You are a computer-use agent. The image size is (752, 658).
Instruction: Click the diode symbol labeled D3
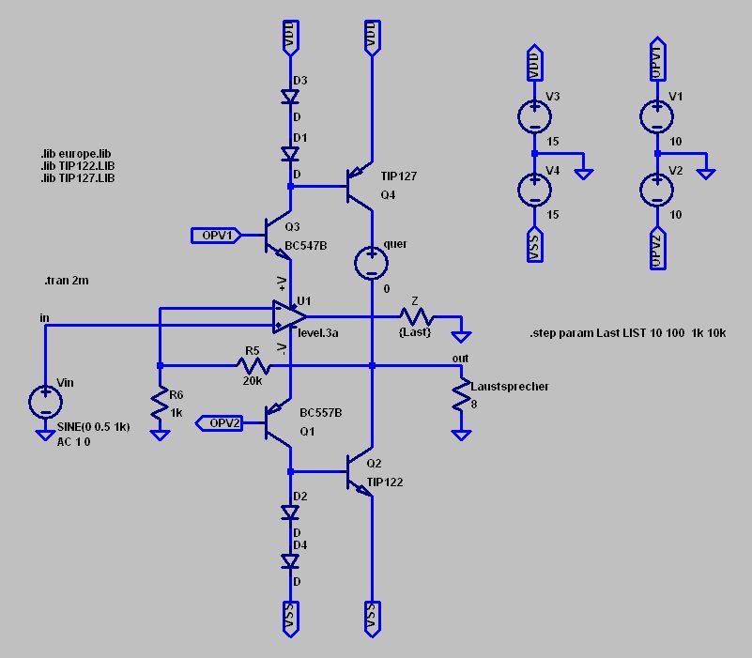(290, 97)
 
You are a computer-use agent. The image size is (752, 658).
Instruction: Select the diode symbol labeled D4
(290, 561)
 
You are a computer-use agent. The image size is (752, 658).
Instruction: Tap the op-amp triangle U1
(289, 316)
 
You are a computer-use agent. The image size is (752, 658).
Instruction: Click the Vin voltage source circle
(45, 402)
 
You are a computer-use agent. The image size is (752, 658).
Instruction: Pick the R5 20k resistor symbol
(253, 366)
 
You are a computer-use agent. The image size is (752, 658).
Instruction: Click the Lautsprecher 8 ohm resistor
(461, 395)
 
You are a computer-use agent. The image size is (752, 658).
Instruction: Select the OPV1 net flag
(216, 236)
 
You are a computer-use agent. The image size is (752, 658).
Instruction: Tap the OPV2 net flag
(219, 423)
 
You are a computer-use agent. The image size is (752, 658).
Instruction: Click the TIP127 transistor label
(399, 176)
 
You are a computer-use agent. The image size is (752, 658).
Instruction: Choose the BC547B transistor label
(306, 246)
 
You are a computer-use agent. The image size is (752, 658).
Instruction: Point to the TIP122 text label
(385, 482)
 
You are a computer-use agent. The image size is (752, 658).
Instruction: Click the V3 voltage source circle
(534, 116)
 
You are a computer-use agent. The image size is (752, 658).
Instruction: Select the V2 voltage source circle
(656, 190)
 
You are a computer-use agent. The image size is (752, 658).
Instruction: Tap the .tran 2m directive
(66, 281)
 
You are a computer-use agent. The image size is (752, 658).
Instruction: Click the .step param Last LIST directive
(628, 333)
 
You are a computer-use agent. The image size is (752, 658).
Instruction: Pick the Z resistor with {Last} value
(417, 316)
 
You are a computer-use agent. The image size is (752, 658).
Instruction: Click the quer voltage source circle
(371, 262)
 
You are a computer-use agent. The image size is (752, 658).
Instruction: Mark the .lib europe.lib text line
(76, 154)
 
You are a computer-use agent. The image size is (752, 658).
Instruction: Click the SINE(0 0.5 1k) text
(94, 427)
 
